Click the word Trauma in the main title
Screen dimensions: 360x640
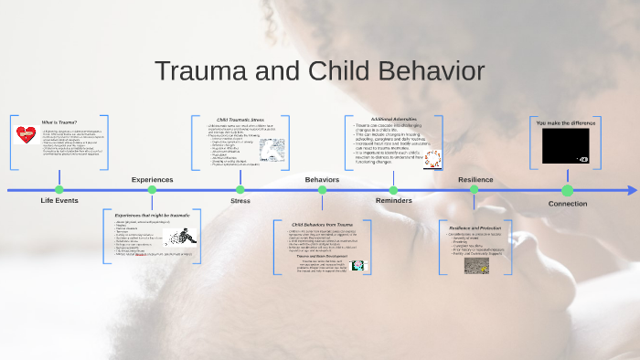[205, 72]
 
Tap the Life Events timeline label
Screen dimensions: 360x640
[59, 200]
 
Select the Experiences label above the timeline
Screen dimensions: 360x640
[152, 180]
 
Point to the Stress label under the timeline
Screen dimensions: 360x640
[240, 200]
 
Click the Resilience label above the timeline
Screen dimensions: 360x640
[475, 180]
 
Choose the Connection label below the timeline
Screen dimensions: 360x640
[567, 203]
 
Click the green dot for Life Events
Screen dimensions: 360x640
[59, 190]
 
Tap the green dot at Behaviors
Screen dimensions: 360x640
[322, 190]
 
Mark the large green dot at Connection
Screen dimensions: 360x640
[567, 190]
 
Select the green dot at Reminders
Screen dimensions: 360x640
[394, 190]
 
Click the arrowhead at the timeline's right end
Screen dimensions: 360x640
[633, 190]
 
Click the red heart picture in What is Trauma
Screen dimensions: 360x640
[26, 135]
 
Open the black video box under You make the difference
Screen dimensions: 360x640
[565, 144]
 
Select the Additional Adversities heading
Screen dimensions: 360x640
[393, 119]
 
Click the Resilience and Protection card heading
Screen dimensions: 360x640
[475, 225]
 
